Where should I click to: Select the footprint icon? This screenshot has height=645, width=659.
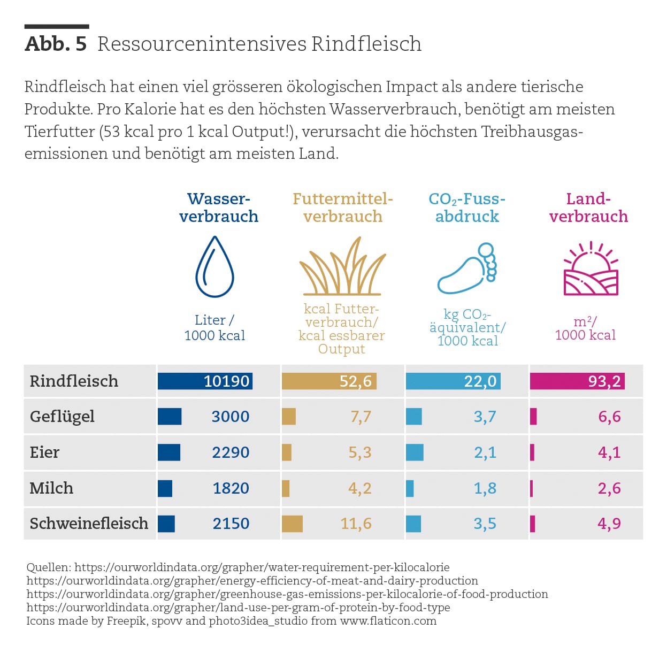(x=467, y=268)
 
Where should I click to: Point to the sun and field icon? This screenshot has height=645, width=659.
(x=591, y=268)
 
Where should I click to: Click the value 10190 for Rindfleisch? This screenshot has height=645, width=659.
(x=226, y=381)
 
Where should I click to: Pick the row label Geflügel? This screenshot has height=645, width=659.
(x=62, y=417)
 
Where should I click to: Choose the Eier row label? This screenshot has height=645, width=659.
(x=44, y=452)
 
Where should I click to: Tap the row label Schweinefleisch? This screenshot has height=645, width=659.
(x=89, y=523)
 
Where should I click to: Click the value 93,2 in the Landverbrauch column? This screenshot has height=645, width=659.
(x=604, y=381)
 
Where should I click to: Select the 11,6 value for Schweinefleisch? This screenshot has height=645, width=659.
(x=356, y=524)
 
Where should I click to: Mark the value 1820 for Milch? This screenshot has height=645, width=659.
(x=231, y=488)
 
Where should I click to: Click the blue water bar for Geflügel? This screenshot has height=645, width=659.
(x=170, y=417)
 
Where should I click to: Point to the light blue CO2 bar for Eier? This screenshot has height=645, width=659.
(x=415, y=452)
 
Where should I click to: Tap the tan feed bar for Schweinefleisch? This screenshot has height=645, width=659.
(x=292, y=524)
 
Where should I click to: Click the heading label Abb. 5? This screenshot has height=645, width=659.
(x=56, y=44)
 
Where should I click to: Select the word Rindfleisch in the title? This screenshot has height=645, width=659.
(x=366, y=44)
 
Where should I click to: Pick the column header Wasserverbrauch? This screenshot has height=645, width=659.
(x=219, y=208)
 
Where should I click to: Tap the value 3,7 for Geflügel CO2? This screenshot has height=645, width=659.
(x=485, y=417)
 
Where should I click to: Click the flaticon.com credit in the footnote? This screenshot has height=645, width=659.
(x=388, y=621)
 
